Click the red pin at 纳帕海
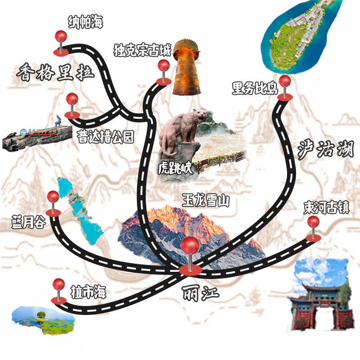point(61,38)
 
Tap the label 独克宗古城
point(142,49)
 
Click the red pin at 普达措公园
point(72,100)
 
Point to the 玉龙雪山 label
point(206,201)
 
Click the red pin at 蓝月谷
point(53,198)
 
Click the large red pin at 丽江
point(190,247)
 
